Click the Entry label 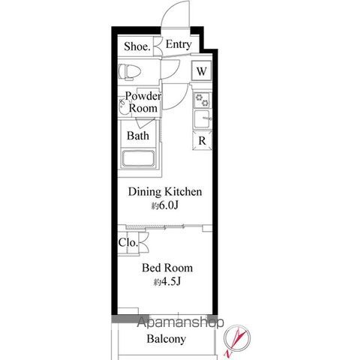(179, 45)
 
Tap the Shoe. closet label (137, 46)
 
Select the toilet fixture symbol (129, 72)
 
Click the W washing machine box (201, 71)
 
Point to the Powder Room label (143, 102)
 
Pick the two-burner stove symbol (202, 100)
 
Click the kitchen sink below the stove (202, 119)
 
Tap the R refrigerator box (202, 140)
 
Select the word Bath (137, 136)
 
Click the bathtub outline (138, 159)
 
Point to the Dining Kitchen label (165, 192)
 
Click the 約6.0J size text (165, 205)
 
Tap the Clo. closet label (128, 242)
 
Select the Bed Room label (167, 268)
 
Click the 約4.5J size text (167, 282)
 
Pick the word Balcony (167, 339)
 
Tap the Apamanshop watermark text (180, 322)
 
